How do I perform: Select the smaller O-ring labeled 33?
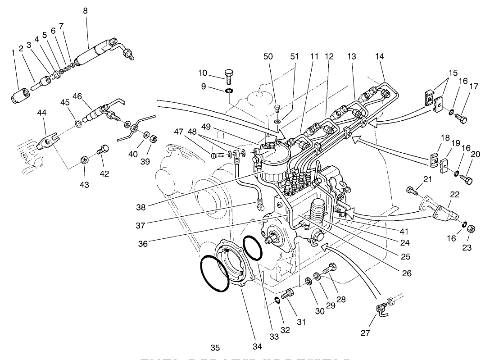tap(252, 247)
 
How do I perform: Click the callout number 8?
tap(85, 10)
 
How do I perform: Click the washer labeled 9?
tap(229, 91)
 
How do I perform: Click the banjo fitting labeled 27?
tap(381, 309)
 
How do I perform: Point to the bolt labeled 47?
tap(218, 155)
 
